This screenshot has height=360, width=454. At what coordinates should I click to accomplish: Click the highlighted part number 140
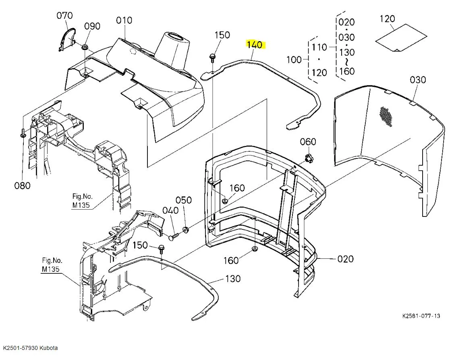[x=255, y=44]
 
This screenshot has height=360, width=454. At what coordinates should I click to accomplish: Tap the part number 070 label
[x=64, y=16]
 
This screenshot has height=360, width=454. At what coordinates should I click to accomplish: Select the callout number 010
[x=124, y=20]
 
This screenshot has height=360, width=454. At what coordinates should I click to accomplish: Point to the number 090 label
[x=92, y=26]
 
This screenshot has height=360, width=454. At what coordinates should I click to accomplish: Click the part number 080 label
[x=23, y=185]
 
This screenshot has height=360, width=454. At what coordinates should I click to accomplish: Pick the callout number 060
[x=308, y=142]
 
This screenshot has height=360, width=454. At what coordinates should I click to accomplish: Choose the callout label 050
[x=183, y=200]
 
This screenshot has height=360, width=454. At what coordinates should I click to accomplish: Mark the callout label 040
[x=170, y=210]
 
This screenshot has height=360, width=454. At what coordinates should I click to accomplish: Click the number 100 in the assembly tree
[x=294, y=60]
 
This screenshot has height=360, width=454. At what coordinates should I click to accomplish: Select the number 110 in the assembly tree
[x=319, y=47]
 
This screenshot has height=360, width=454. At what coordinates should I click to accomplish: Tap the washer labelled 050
[x=186, y=230]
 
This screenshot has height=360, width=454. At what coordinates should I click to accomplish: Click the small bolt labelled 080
[x=23, y=133]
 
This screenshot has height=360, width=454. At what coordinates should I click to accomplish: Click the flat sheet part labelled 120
[x=401, y=37]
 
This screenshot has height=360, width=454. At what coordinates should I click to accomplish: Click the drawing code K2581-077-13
[x=421, y=316]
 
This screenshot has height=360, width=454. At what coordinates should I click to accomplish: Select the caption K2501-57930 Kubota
[x=30, y=348]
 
